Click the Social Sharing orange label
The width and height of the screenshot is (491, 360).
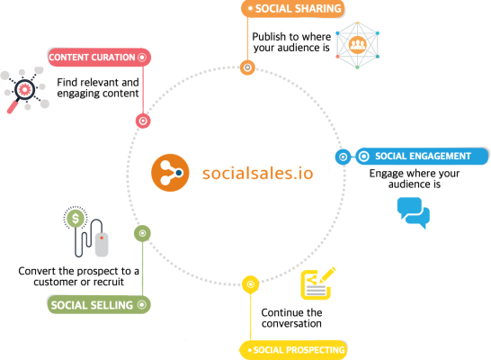pos(292,8)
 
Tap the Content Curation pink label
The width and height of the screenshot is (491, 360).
pos(99,58)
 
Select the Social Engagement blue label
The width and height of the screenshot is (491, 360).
pos(422,156)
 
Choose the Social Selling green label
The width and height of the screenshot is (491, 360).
pos(99,304)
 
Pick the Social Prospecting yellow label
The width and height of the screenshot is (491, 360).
pos(293,350)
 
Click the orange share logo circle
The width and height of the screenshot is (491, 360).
pos(170,173)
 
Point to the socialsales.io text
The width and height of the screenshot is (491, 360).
pos(258,174)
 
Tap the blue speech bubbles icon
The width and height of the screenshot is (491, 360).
pos(414,212)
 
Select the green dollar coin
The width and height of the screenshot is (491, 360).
pos(76,218)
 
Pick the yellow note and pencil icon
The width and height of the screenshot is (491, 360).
pos(317,283)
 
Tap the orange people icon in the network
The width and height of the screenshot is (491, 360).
pos(357,45)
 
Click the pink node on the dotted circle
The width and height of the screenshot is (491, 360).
pos(143,121)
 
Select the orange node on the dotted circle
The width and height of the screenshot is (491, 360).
pos(247,67)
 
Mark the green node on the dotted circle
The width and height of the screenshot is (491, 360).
pos(142,233)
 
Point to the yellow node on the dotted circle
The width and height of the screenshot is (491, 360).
pos(251,284)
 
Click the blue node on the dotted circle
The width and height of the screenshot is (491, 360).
pos(344,157)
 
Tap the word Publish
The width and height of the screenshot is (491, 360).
pos(269,37)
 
